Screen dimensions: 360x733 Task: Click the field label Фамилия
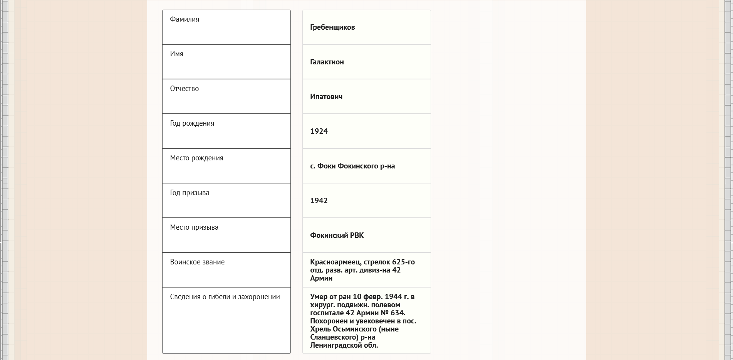click(x=185, y=19)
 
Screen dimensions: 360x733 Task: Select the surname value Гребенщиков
click(x=332, y=27)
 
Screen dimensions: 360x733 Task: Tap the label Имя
click(x=176, y=54)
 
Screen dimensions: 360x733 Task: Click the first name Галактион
click(x=327, y=62)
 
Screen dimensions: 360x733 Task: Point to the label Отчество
click(x=185, y=89)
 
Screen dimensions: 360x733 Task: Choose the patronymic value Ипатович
click(x=326, y=97)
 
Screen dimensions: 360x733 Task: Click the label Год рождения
click(x=192, y=123)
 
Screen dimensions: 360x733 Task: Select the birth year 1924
click(x=319, y=131)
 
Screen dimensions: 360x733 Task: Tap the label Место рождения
click(x=196, y=158)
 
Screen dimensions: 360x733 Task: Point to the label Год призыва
click(x=190, y=193)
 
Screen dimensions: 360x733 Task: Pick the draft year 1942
click(x=319, y=201)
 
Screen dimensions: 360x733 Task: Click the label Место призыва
click(x=194, y=227)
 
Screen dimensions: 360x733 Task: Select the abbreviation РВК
click(x=357, y=236)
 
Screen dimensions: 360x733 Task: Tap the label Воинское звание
click(x=197, y=262)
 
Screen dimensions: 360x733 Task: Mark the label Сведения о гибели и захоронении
click(x=225, y=297)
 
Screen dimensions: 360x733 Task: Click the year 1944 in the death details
click(x=393, y=297)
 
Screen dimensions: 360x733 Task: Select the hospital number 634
click(x=397, y=313)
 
